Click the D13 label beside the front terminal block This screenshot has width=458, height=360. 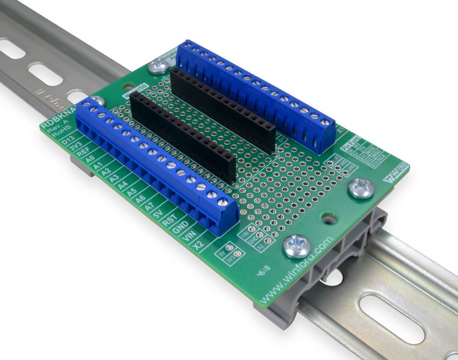point(67,140)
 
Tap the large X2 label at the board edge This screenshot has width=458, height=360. point(198,245)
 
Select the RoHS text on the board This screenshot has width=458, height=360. point(51,136)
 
